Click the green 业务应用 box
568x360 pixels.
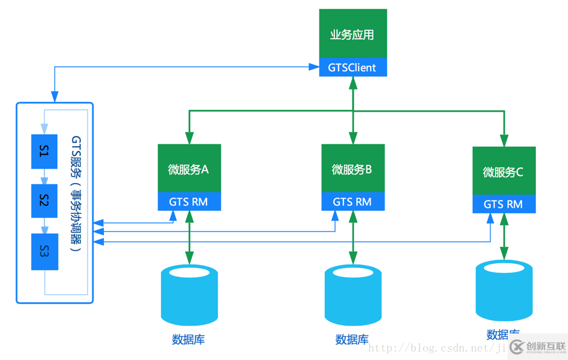coord(353,34)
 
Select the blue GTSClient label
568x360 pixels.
coord(353,68)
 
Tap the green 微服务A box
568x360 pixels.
coord(189,169)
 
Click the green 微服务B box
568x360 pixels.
coord(353,169)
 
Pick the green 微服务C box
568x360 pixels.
coord(503,172)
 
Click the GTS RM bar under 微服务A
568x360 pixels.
coord(189,202)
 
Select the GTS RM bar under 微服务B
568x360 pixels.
coord(353,202)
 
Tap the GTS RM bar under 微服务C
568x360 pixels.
coord(503,204)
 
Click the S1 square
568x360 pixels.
coord(44,152)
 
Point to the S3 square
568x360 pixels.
coord(44,251)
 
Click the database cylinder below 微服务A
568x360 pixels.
coord(189,295)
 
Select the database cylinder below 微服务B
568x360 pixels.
coord(353,295)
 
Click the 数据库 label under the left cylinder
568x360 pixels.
coord(188,339)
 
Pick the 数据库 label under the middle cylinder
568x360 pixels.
coord(352,339)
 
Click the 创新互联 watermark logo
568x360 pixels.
coord(538,347)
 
